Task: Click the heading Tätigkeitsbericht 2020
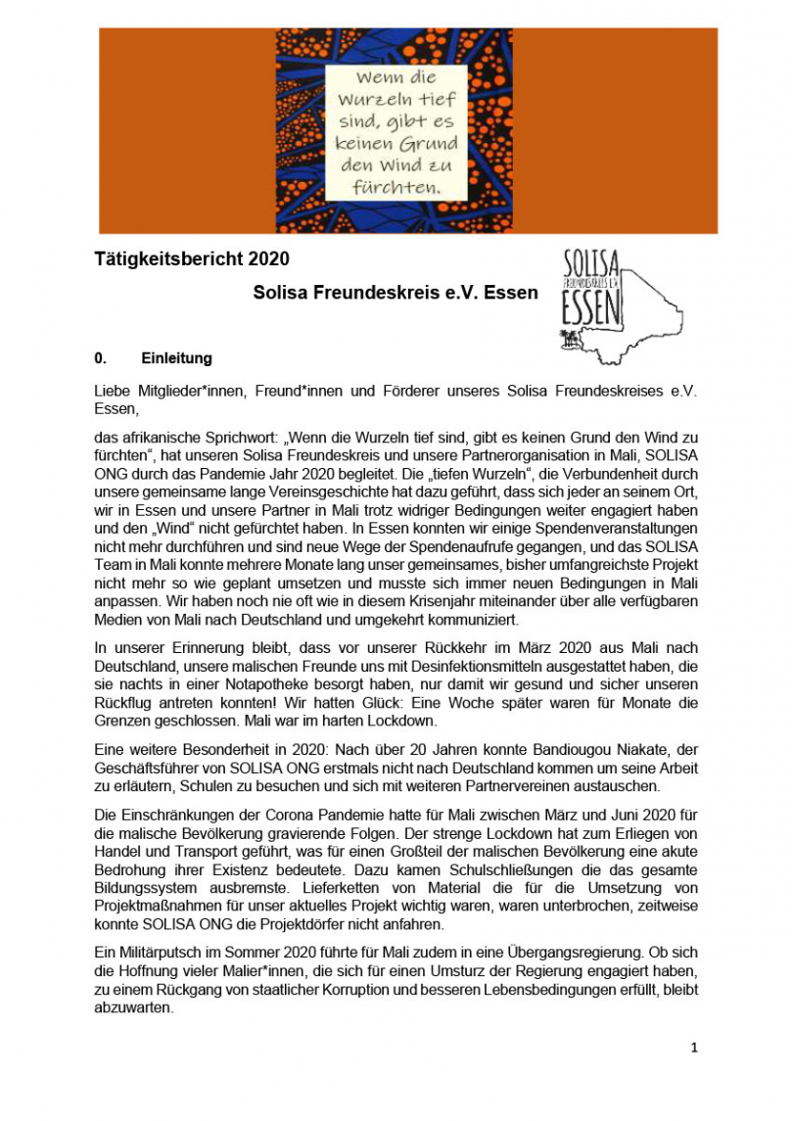click(x=192, y=259)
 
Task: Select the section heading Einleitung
click(x=176, y=358)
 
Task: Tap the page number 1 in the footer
click(x=694, y=1048)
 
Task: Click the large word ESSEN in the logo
click(x=591, y=310)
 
